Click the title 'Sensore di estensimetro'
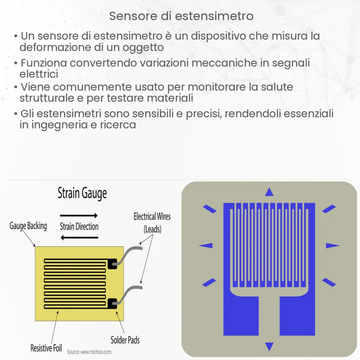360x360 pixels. point(181,16)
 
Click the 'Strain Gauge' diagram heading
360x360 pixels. point(82,194)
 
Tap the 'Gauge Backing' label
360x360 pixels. point(28,226)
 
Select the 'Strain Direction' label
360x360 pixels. point(79,226)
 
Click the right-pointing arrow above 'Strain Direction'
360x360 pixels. point(79,216)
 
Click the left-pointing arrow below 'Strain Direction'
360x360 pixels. point(79,237)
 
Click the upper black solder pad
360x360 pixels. point(112,264)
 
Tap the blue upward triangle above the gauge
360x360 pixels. point(269,193)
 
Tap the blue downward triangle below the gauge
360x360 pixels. point(269,347)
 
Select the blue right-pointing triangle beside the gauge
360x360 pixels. point(332,246)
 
